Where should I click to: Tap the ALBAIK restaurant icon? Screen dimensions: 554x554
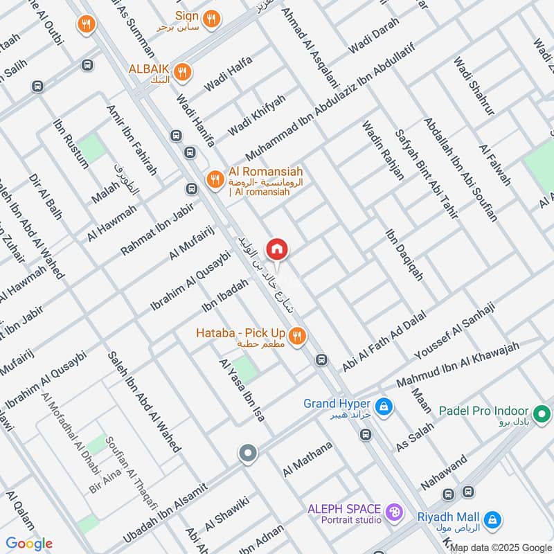(x=182, y=71)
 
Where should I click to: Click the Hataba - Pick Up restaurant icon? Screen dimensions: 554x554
(x=297, y=336)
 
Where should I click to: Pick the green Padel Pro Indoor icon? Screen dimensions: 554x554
(x=544, y=415)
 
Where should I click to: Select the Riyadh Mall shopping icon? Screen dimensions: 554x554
(x=492, y=518)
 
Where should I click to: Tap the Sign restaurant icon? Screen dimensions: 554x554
(x=212, y=19)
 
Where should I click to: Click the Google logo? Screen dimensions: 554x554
(x=29, y=544)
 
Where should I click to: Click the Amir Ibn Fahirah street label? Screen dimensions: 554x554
(x=132, y=142)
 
